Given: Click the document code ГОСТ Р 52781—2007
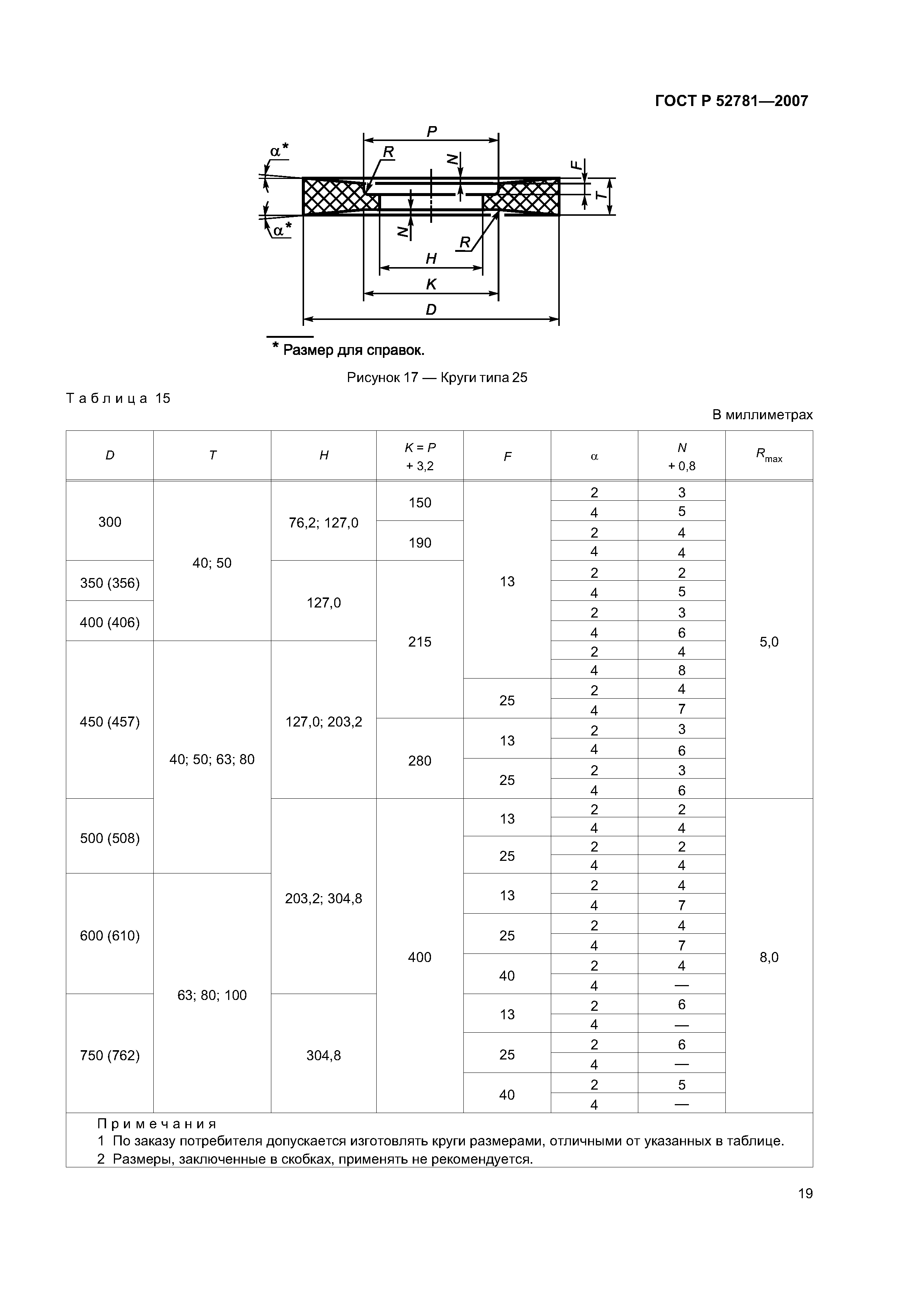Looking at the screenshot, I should coord(731,101).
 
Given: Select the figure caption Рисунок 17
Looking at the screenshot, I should coord(437,378).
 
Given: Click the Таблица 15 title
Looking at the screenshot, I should coord(118,398).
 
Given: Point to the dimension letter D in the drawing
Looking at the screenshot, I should coord(431,310).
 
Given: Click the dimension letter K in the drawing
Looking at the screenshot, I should coord(431,284).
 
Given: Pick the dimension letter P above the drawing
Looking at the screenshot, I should coord(432,132).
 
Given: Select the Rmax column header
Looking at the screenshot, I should coord(769,455).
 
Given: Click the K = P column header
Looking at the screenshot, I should coord(420,456).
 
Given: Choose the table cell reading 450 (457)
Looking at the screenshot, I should coord(110,722).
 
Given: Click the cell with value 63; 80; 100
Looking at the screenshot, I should coord(212,995).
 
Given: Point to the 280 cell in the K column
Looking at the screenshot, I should coord(420,760).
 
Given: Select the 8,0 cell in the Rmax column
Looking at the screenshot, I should coord(769,957).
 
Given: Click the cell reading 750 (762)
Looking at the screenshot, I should coord(110,1055).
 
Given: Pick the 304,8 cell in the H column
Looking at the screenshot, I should coord(323,1055).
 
